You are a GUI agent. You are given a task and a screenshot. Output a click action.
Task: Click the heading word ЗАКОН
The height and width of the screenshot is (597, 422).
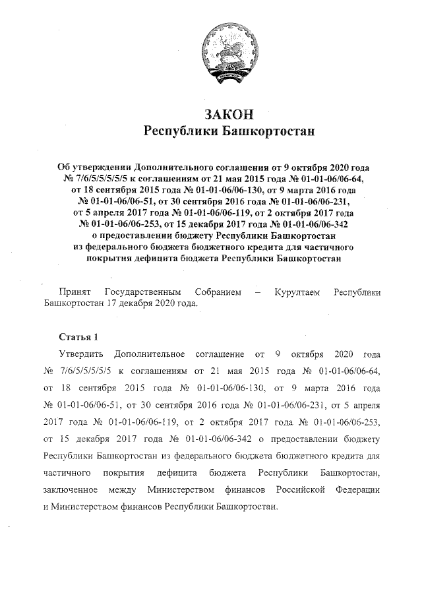(x=228, y=113)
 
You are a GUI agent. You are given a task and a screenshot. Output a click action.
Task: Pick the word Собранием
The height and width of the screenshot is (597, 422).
(x=218, y=291)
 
